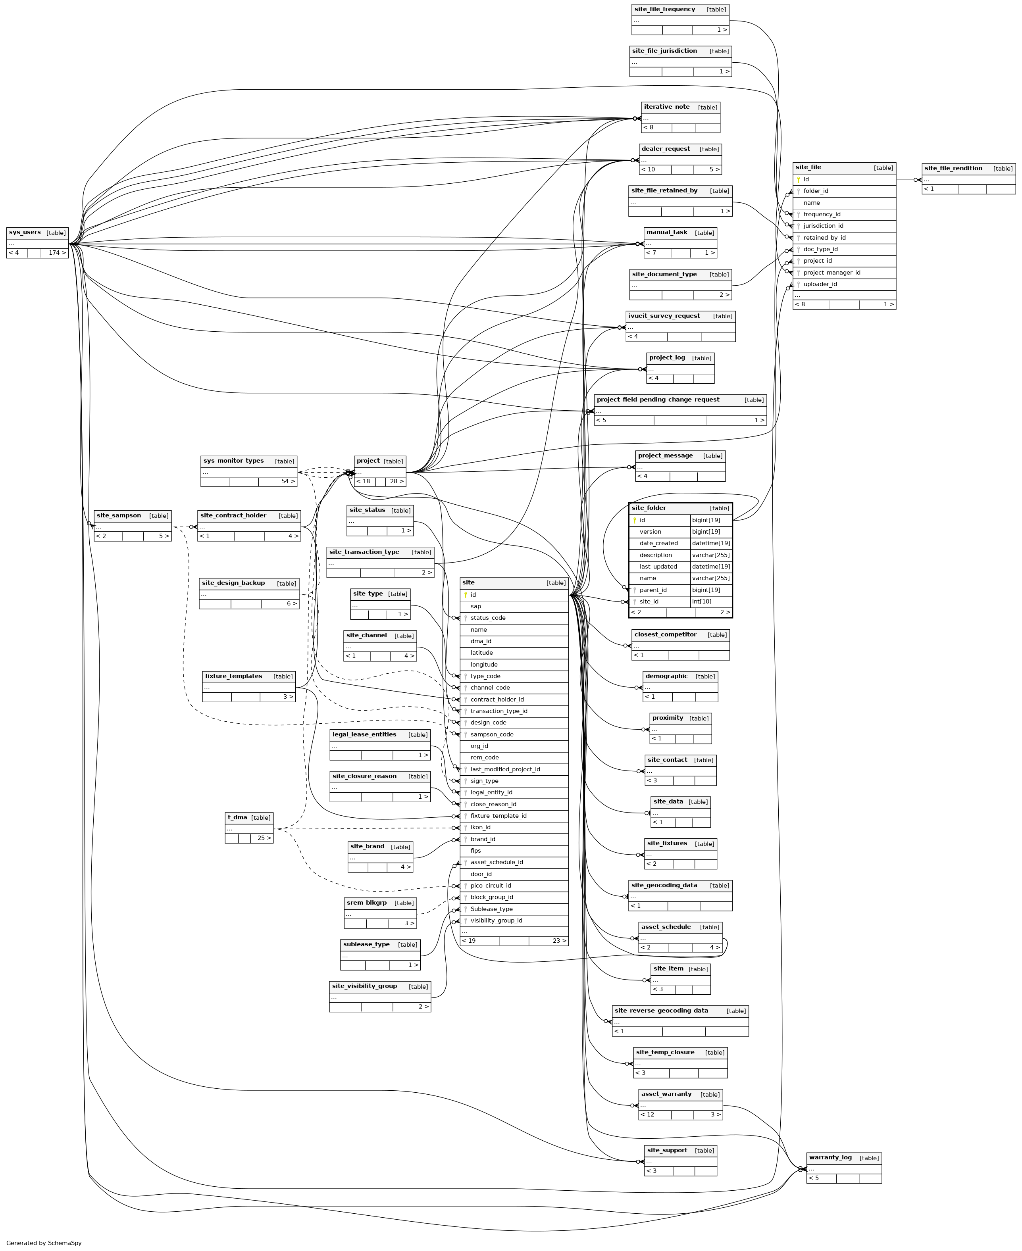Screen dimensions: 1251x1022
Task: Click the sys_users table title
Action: click(25, 233)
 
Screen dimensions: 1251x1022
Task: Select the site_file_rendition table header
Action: click(953, 168)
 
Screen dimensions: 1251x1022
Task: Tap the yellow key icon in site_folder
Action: click(635, 520)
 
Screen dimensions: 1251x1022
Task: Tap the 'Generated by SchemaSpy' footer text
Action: click(44, 1243)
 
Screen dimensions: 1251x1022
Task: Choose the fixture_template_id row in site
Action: click(498, 816)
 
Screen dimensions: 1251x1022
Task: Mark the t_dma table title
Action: click(237, 817)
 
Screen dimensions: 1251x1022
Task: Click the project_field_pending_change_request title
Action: click(658, 400)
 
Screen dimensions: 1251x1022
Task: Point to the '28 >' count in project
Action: click(397, 481)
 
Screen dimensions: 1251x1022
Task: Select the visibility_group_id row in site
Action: click(496, 920)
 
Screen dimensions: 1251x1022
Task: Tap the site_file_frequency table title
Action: click(665, 10)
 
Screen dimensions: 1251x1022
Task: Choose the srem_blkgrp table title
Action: click(366, 903)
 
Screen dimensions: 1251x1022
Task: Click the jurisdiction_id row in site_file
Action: click(823, 226)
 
